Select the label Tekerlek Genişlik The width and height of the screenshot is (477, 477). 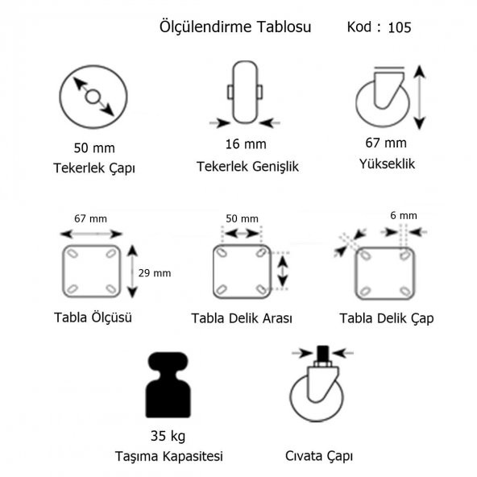point(247,167)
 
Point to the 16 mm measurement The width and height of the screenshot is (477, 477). point(246,145)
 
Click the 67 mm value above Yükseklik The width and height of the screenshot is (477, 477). point(386,143)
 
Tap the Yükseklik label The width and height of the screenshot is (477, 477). point(386,164)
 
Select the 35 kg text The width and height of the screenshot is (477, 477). point(167,438)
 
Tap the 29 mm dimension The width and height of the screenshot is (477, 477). point(155,273)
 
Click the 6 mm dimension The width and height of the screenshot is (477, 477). point(404,215)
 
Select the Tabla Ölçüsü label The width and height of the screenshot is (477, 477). point(93,317)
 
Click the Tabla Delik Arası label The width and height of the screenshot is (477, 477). point(241,318)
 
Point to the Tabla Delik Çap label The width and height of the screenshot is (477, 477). point(387,318)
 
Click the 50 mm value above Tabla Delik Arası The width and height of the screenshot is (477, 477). point(241,219)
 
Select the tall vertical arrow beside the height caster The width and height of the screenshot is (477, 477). point(419,97)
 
